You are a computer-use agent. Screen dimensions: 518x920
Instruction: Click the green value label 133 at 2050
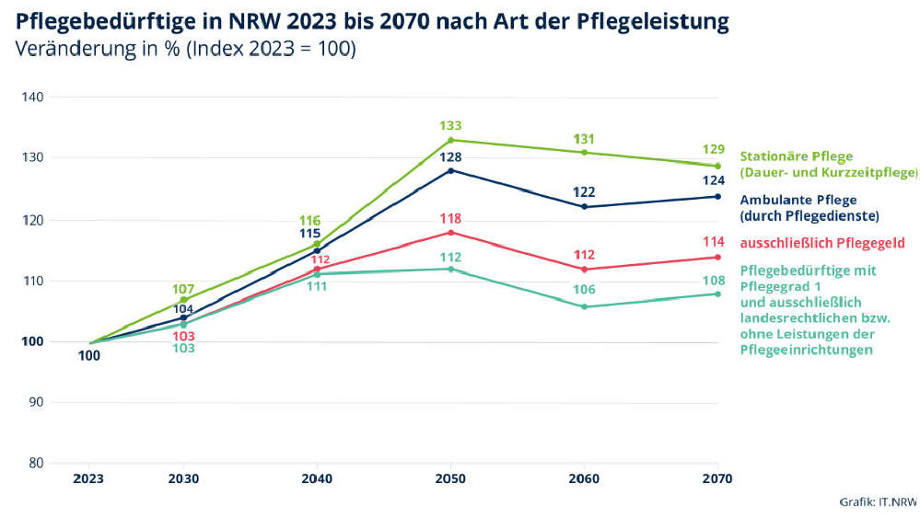coord(450,126)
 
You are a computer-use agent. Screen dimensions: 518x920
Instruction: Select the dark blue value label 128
coord(450,157)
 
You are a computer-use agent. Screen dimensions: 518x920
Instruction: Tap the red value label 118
coord(450,219)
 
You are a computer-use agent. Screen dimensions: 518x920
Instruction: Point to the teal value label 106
coord(584,290)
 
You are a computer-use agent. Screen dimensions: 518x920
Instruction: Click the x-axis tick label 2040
coord(317,478)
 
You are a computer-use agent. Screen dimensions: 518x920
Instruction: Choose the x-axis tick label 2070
coord(716,478)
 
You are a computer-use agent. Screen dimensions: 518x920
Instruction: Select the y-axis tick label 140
coord(35,97)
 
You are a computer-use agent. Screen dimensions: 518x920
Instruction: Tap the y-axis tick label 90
coord(38,402)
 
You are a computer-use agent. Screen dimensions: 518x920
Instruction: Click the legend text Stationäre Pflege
coord(798,156)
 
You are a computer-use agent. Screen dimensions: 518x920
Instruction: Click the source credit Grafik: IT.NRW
coord(878,502)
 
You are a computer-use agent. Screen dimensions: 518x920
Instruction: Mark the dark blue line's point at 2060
coord(584,207)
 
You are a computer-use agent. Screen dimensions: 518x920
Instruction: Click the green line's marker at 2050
coord(450,140)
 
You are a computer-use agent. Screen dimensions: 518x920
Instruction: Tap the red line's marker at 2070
coord(717,257)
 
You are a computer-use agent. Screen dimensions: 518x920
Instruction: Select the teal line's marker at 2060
coord(584,306)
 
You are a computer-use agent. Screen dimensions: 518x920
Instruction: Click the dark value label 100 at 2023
coord(89,356)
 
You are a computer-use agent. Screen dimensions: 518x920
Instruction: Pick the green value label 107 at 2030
coord(183,289)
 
